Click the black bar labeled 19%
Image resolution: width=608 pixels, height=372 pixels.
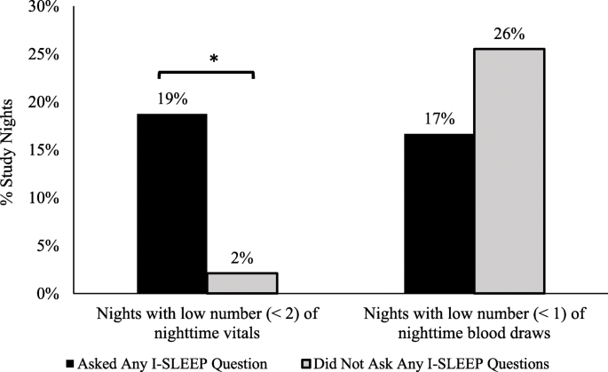[172, 203]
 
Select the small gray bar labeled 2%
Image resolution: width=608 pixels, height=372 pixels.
[242, 283]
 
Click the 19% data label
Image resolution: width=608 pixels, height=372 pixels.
[173, 99]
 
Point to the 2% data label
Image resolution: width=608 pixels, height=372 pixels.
[242, 259]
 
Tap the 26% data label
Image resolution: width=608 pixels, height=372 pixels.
[510, 35]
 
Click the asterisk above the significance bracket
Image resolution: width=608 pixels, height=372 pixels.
[213, 59]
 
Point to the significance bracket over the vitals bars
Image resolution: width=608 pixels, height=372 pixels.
[206, 73]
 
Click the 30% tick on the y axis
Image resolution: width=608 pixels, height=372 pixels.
[43, 7]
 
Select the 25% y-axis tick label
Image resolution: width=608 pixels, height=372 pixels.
[43, 55]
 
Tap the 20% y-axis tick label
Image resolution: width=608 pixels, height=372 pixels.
[43, 103]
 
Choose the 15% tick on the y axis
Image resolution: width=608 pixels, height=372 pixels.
[43, 150]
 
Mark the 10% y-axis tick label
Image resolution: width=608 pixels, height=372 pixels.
[43, 198]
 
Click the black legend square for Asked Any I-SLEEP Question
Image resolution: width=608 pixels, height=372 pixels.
[70, 362]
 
